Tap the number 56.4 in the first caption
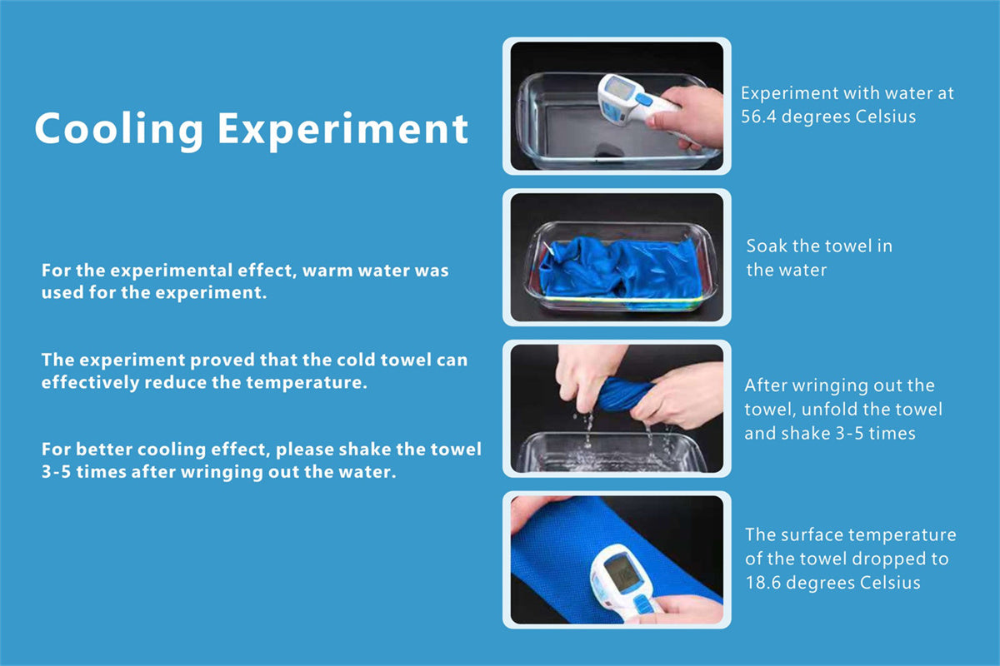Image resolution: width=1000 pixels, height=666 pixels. [758, 117]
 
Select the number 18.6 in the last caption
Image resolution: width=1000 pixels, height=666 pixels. [762, 583]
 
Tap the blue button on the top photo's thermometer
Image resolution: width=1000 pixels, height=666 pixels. [643, 99]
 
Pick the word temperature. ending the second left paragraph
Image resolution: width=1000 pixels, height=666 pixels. [307, 383]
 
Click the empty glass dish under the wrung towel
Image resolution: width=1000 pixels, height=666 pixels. [610, 452]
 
